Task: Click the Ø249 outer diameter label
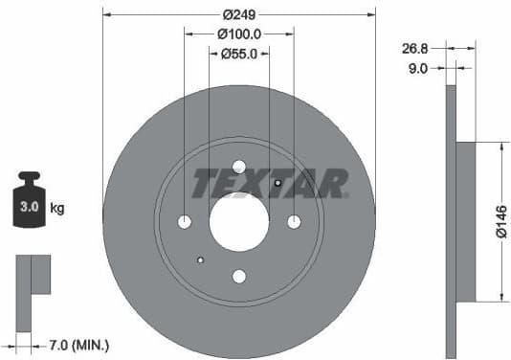(239, 15)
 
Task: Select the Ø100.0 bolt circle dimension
(239, 34)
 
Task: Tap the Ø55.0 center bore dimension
(239, 54)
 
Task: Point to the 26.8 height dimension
(415, 47)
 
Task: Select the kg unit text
(57, 208)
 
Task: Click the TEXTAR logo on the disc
(270, 182)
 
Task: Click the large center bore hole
(239, 222)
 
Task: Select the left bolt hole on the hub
(185, 222)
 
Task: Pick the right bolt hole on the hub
(294, 222)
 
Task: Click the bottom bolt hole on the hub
(239, 277)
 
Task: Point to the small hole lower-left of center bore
(200, 259)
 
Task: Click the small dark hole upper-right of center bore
(278, 184)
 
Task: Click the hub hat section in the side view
(466, 221)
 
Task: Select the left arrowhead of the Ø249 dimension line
(106, 15)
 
